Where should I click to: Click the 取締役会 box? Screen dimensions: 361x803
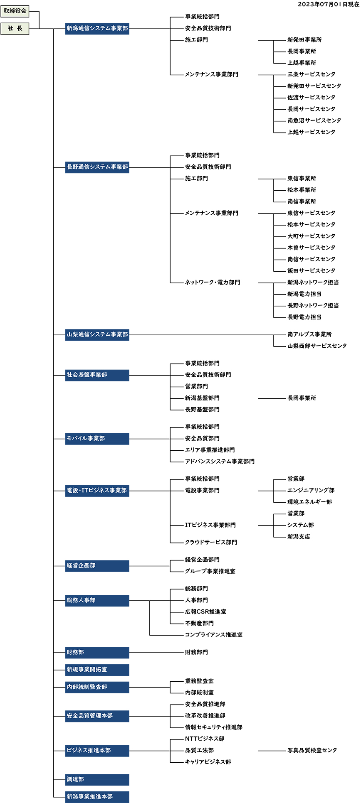15,11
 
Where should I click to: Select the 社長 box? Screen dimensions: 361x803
15,29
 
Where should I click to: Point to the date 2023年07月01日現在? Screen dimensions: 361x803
329,4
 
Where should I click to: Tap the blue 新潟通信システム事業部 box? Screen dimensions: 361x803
97,29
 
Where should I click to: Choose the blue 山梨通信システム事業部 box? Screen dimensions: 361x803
97,335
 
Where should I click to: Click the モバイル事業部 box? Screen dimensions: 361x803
97,439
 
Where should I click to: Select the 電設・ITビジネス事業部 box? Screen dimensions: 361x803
97,491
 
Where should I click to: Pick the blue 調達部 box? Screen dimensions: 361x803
97,780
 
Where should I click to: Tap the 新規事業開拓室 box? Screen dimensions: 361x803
97,670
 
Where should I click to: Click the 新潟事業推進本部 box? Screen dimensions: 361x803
97,797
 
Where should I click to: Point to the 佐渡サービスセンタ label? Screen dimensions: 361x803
311,98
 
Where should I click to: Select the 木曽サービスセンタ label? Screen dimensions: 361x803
311,248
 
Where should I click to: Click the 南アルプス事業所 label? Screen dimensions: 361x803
309,334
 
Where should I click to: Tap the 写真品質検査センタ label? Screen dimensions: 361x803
312,751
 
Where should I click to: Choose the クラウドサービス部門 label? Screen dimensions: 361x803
211,543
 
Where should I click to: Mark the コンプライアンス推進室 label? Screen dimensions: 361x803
214,635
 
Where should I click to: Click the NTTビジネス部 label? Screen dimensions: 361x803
205,739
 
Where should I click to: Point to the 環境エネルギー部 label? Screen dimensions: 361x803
309,502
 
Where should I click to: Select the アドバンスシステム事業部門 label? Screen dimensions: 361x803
220,462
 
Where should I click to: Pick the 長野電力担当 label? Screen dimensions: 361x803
304,317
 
